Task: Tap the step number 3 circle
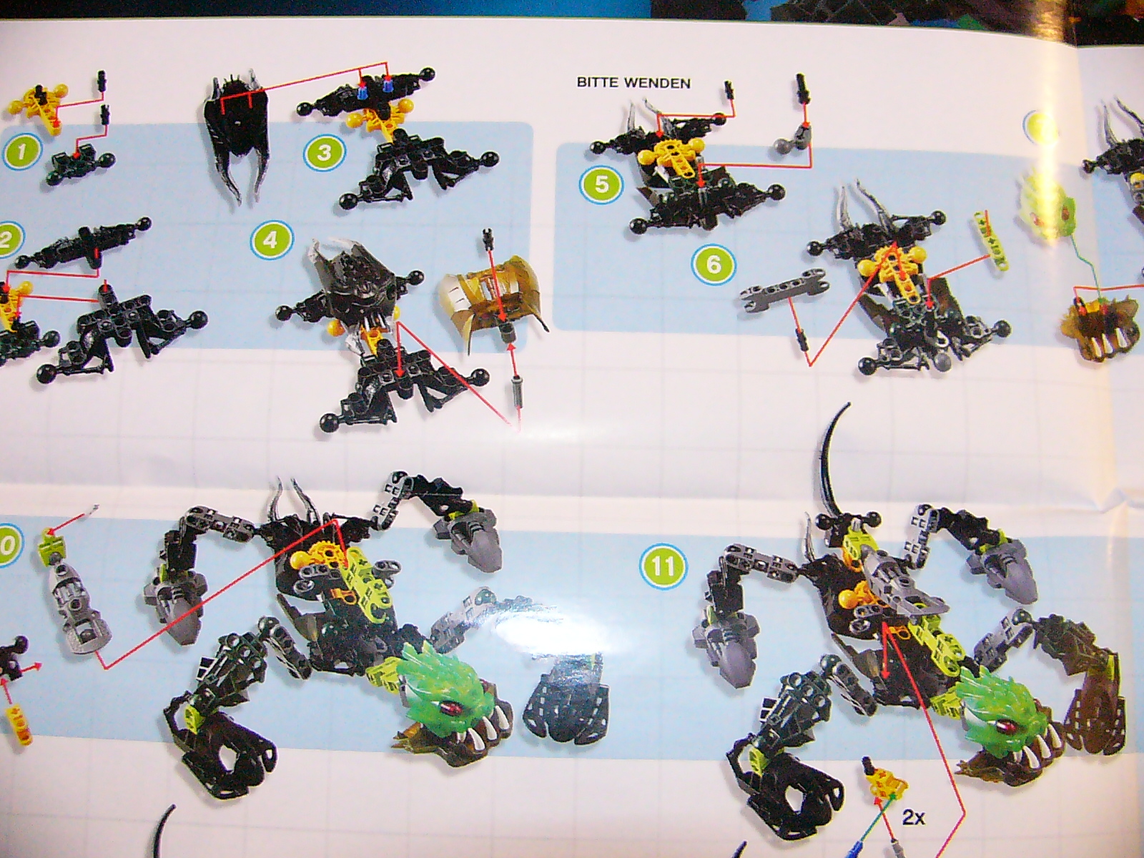(324, 153)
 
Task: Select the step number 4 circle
(270, 241)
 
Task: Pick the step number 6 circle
(712, 264)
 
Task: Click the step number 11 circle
(663, 567)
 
